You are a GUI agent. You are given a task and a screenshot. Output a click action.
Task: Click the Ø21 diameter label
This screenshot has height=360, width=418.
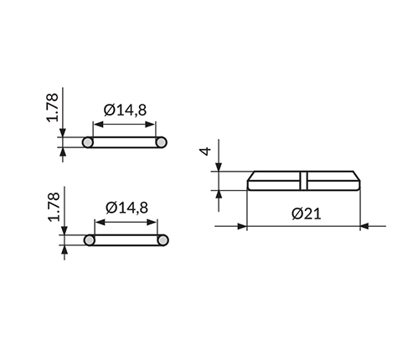[x=307, y=213]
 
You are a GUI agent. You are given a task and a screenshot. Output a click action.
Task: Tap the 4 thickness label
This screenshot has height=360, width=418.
[x=206, y=152]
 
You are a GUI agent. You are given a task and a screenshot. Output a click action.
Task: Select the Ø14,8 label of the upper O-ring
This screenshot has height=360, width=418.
[x=125, y=110]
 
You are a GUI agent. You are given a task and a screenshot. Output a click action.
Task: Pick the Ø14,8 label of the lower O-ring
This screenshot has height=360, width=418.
[x=126, y=208]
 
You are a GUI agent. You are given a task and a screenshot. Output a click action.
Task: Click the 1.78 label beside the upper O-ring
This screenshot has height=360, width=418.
[x=53, y=107]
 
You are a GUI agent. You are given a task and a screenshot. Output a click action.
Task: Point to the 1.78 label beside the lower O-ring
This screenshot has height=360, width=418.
[x=54, y=207]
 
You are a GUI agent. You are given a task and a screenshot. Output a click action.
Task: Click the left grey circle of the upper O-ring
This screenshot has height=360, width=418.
[x=88, y=142]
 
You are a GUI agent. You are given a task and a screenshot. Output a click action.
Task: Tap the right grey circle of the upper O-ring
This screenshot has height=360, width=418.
[x=161, y=142]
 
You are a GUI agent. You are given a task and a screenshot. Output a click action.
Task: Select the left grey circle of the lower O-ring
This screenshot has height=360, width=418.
[x=90, y=240]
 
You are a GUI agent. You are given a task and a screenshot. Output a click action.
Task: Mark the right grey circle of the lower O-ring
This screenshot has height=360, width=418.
[x=163, y=240]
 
